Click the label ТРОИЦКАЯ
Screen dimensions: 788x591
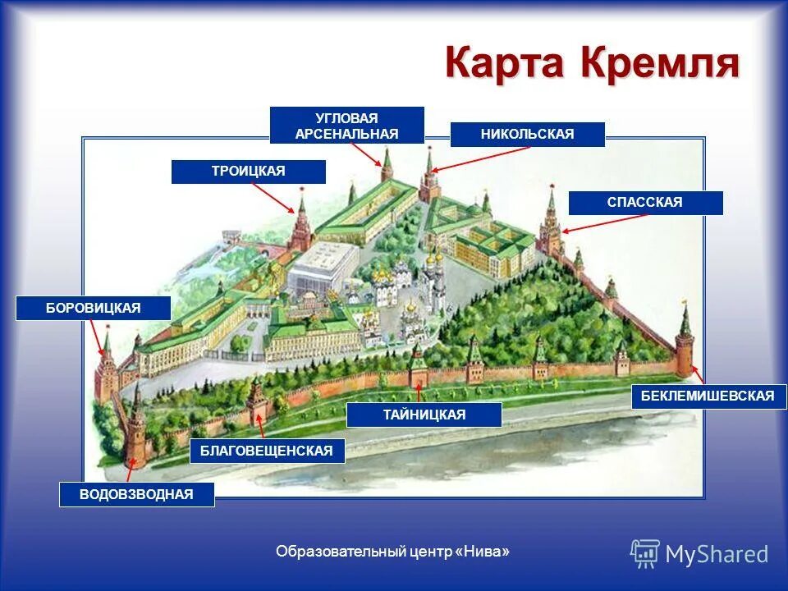tap(248, 172)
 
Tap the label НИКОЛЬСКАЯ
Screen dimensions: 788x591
tap(527, 135)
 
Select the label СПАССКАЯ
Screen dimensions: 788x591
tap(645, 203)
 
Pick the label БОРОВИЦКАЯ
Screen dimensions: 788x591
tap(94, 308)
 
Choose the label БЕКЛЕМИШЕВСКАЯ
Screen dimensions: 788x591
tap(708, 396)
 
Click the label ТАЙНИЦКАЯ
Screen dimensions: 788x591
tap(424, 415)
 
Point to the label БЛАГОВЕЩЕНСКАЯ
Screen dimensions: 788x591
tap(267, 451)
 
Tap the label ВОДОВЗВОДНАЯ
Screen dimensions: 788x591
tap(136, 494)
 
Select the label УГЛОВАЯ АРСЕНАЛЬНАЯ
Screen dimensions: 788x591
tap(346, 126)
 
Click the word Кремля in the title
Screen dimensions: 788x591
tap(662, 64)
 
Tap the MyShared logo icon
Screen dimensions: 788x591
tap(645, 554)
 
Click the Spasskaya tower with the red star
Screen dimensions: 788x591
tap(550, 226)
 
